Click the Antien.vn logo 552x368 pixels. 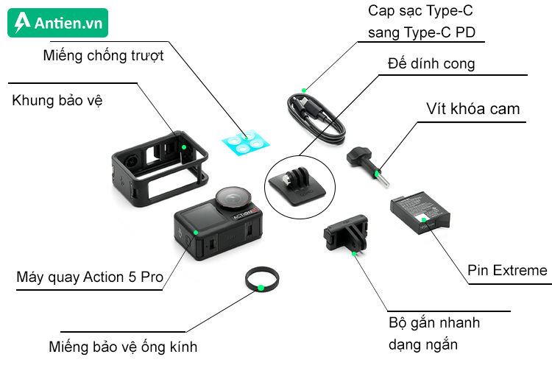58,23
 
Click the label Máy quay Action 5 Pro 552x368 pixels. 89,277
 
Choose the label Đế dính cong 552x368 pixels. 431,64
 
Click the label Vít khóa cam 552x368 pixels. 473,109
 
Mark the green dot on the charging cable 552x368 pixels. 302,90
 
